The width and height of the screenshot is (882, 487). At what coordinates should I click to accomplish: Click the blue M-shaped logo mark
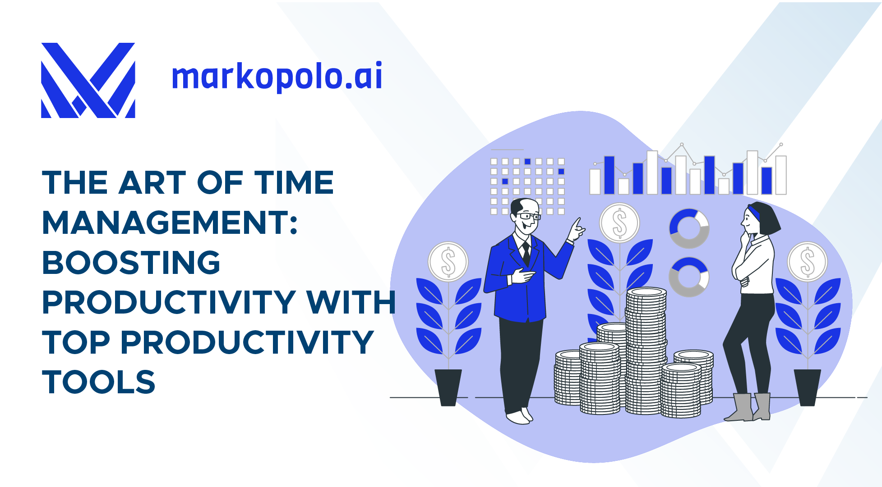pos(88,80)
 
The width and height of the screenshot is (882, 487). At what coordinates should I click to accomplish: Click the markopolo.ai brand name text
pos(277,77)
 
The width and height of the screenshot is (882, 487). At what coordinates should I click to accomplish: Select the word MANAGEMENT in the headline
pos(170,223)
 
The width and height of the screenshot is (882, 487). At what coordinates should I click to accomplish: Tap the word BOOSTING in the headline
pos(131,262)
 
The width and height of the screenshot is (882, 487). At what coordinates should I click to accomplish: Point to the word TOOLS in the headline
pos(99,382)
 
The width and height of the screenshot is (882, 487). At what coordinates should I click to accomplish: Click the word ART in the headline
pos(152,182)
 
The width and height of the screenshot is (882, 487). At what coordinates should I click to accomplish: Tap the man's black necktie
pos(526,254)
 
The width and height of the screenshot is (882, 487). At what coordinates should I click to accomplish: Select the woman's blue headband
pos(754,212)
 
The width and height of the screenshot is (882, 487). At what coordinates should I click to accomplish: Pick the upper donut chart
pos(689,228)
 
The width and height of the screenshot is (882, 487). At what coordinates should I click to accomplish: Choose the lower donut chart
pos(689,277)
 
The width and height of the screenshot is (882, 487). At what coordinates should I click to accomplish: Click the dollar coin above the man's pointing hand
pos(619,223)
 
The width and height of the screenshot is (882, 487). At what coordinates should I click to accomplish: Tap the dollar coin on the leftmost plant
pos(448,262)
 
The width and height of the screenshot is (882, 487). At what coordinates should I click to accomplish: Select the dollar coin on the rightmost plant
pos(808,262)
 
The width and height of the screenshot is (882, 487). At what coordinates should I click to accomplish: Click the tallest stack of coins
pos(646,351)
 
